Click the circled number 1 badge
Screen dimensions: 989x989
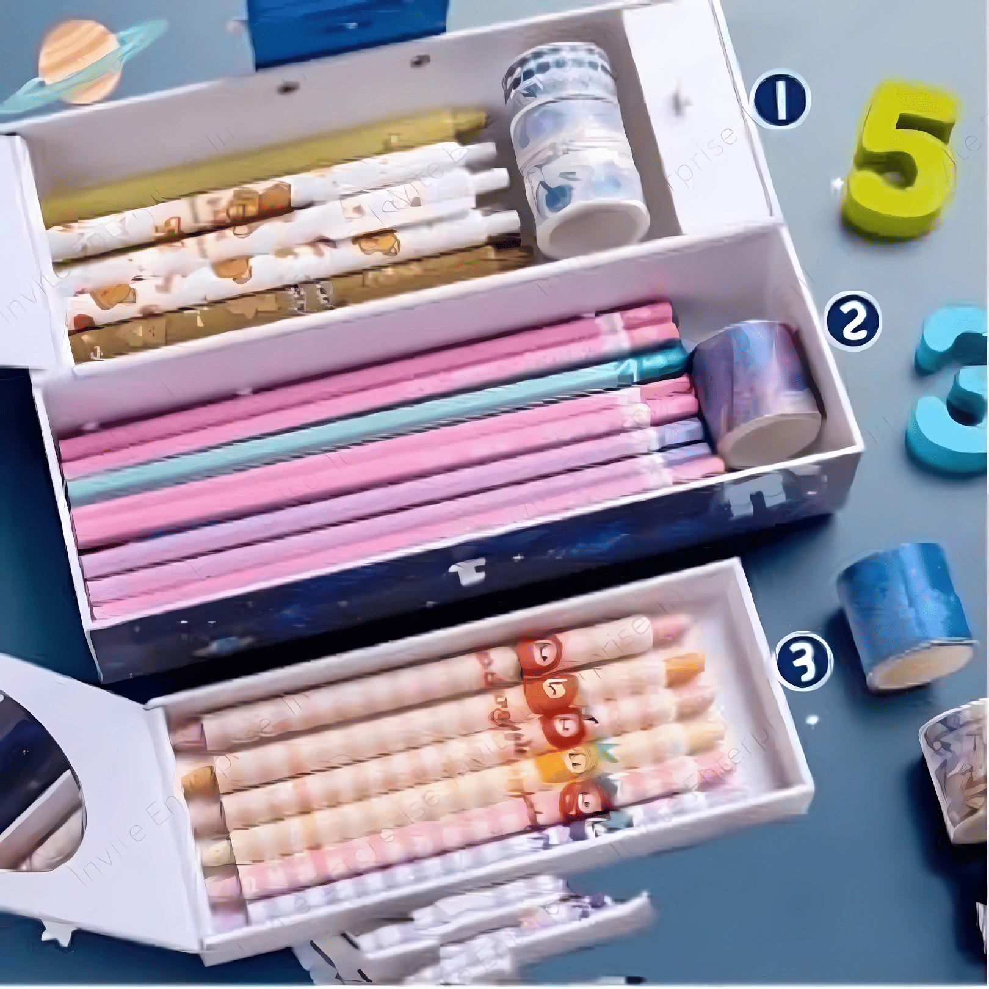click(781, 100)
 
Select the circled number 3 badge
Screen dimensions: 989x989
click(803, 661)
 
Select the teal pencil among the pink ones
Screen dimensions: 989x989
click(366, 427)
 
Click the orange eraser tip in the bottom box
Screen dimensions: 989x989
click(684, 668)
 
